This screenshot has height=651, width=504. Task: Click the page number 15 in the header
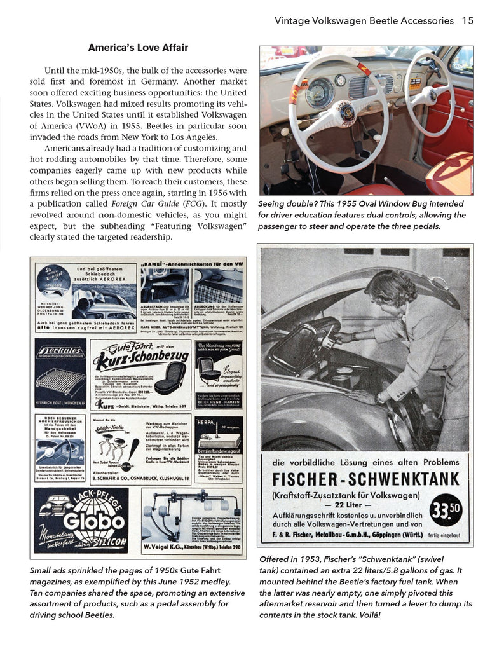point(467,20)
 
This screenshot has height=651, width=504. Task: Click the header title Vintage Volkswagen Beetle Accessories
point(364,20)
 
